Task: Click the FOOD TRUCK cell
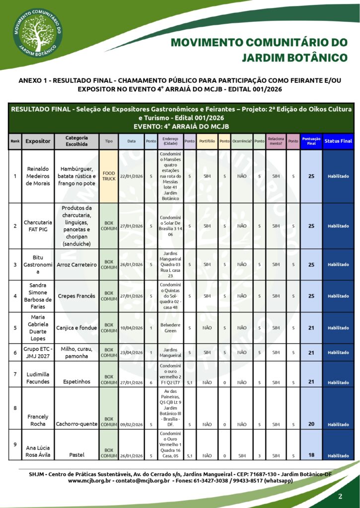pyautogui.click(x=109, y=176)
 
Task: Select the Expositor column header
pyautogui.click(x=38, y=141)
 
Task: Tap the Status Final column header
pyautogui.click(x=338, y=141)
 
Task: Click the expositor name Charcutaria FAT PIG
pyautogui.click(x=38, y=226)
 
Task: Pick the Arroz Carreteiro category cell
pyautogui.click(x=76, y=264)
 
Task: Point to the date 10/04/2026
pyautogui.click(x=131, y=327)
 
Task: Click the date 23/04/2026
pyautogui.click(x=131, y=352)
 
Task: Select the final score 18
pyautogui.click(x=311, y=455)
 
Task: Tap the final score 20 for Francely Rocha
pyautogui.click(x=311, y=424)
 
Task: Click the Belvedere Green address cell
pyautogui.click(x=169, y=327)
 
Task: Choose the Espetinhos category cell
pyautogui.click(x=76, y=382)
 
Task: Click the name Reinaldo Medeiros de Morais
pyautogui.click(x=38, y=176)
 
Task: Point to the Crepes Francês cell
pyautogui.click(x=76, y=296)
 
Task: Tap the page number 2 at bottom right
pyautogui.click(x=340, y=497)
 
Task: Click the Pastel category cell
pyautogui.click(x=76, y=455)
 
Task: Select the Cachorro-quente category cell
pyautogui.click(x=76, y=424)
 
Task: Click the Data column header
pyautogui.click(x=131, y=141)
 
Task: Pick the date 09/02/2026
pyautogui.click(x=131, y=424)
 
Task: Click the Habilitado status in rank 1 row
pyautogui.click(x=338, y=176)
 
